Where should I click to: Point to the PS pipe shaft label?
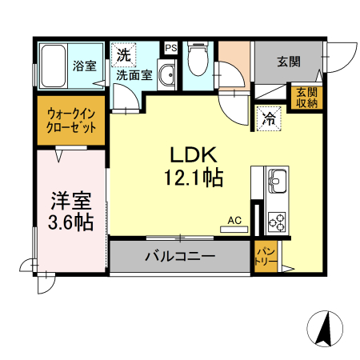click(170, 48)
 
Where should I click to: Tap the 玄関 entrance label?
click(289, 61)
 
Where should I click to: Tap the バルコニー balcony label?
click(179, 258)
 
